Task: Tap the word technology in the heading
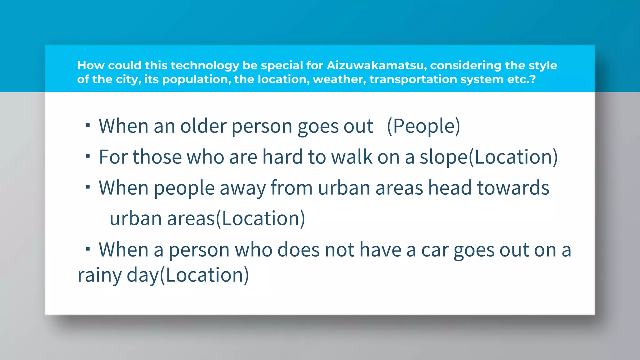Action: [x=205, y=65]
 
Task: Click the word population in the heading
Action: [x=196, y=79]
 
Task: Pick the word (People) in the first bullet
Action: [x=423, y=126]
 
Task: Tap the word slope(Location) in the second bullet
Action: [x=488, y=157]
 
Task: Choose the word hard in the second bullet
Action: [x=282, y=157]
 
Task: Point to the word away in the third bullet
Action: [x=242, y=188]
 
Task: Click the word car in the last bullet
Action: [x=435, y=250]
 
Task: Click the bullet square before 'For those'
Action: [x=88, y=156]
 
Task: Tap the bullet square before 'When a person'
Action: [x=88, y=249]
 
